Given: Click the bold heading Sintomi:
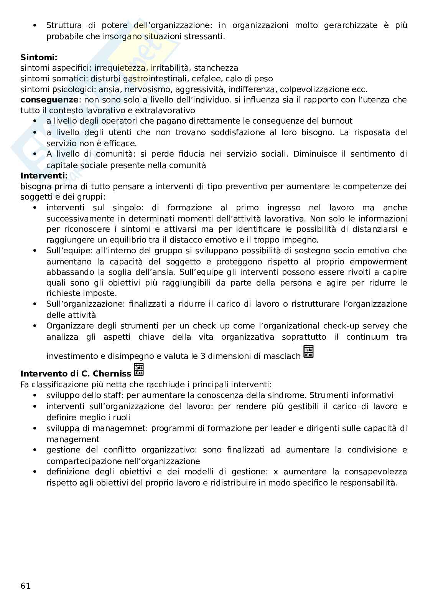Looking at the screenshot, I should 39,58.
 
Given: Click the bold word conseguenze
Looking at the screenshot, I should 49,100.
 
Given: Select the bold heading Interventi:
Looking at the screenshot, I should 44,176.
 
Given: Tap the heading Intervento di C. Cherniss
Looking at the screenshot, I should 76,373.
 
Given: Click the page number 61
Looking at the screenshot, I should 25,586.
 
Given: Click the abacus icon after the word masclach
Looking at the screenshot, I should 308,352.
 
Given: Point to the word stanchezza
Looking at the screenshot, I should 216,68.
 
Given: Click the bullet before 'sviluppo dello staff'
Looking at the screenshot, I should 35,395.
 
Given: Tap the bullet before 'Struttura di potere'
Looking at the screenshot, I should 35,25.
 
